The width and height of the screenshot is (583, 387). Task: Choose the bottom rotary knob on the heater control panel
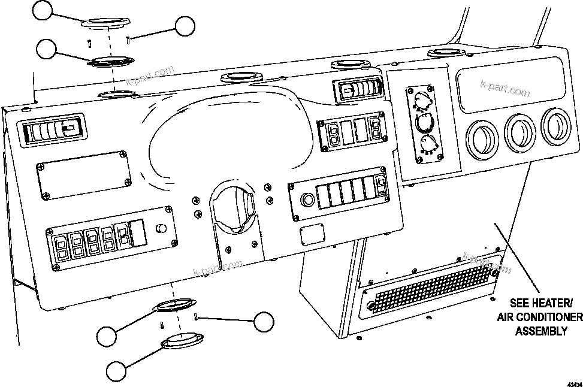427,144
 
